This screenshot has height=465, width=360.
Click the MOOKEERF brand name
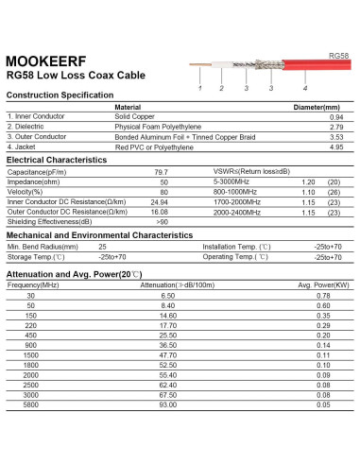pyautogui.click(x=46, y=58)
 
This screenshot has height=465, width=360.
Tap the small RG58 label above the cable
pyautogui.click(x=338, y=56)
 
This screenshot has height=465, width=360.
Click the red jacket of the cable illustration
pyautogui.click(x=317, y=67)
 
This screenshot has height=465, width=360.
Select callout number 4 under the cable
pyautogui.click(x=305, y=88)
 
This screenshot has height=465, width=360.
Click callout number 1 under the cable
pyautogui.click(x=200, y=88)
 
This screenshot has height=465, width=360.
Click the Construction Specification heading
pyautogui.click(x=60, y=96)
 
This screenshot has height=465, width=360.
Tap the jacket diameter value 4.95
pyautogui.click(x=335, y=147)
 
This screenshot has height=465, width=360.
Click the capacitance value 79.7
pyautogui.click(x=162, y=172)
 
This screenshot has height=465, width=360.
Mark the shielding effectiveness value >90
pyautogui.click(x=162, y=221)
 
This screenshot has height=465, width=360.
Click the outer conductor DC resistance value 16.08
pyautogui.click(x=160, y=212)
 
